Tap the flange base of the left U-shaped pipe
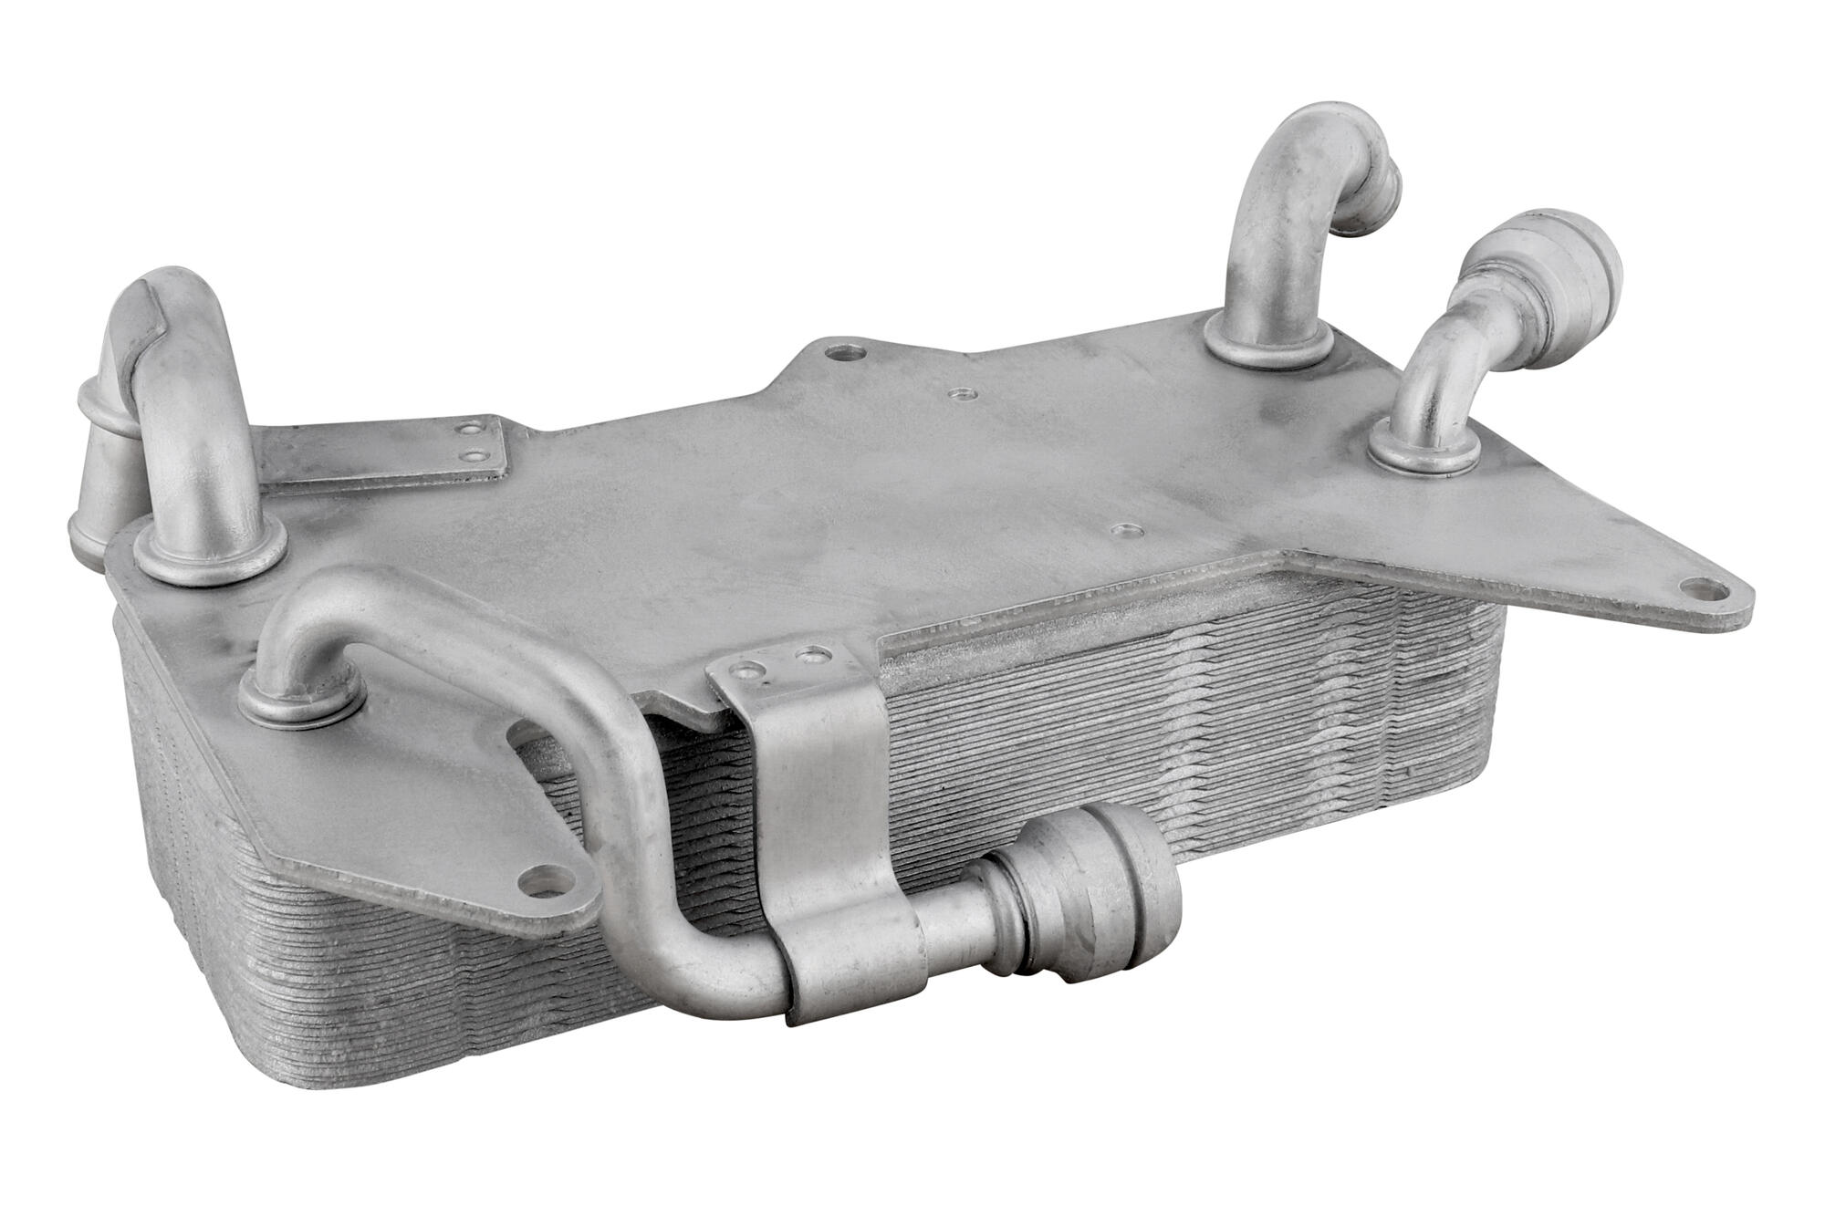pos(210,552)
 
